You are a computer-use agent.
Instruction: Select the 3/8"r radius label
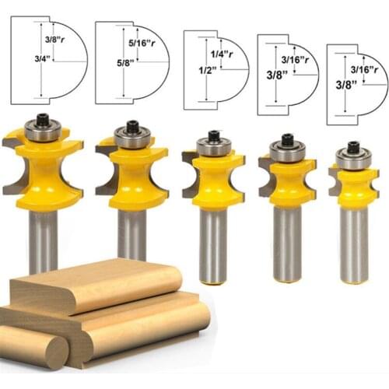54,40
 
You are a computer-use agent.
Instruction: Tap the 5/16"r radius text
142,43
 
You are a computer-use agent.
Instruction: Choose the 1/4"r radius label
222,54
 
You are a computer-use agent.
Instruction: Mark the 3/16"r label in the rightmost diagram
364,69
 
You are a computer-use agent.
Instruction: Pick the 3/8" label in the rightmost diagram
346,85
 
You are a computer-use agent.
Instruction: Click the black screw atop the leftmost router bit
43,118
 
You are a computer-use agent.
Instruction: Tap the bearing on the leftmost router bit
43,131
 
